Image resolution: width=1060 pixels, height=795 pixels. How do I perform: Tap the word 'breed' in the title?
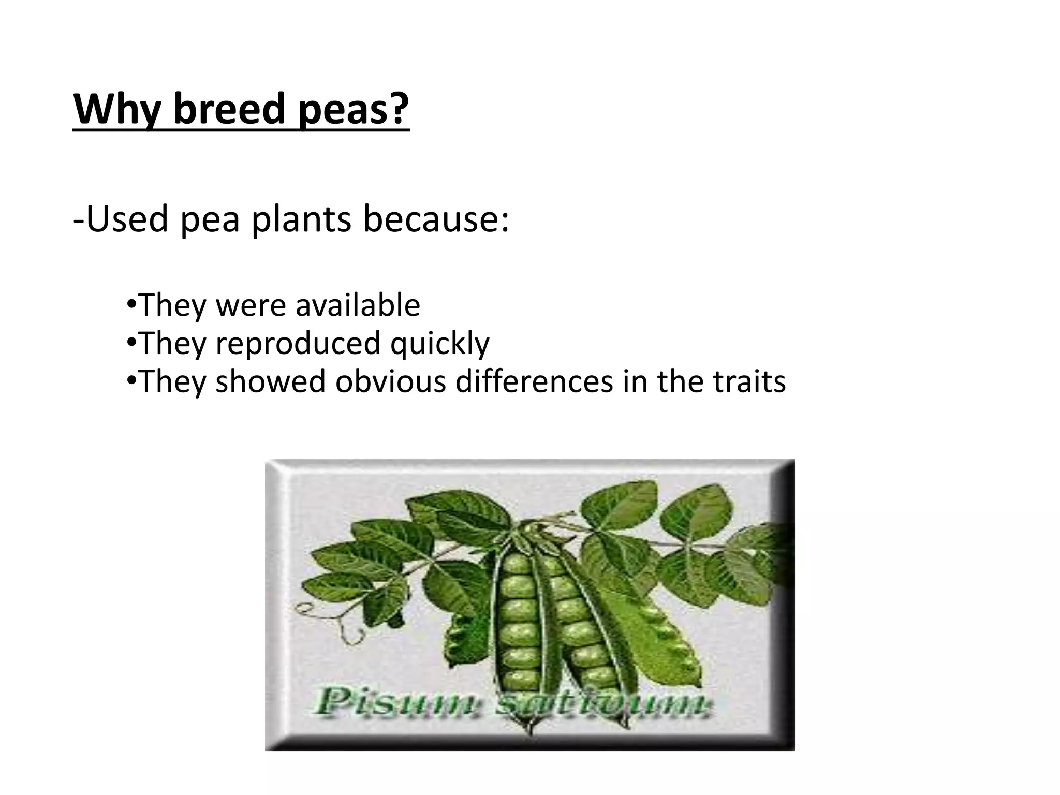229,110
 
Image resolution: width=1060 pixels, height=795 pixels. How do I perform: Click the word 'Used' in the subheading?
127,219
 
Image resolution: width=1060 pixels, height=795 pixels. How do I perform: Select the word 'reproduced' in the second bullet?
298,343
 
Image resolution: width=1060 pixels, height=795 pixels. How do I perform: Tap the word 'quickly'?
439,343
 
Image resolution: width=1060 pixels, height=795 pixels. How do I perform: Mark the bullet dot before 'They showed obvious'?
131,380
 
